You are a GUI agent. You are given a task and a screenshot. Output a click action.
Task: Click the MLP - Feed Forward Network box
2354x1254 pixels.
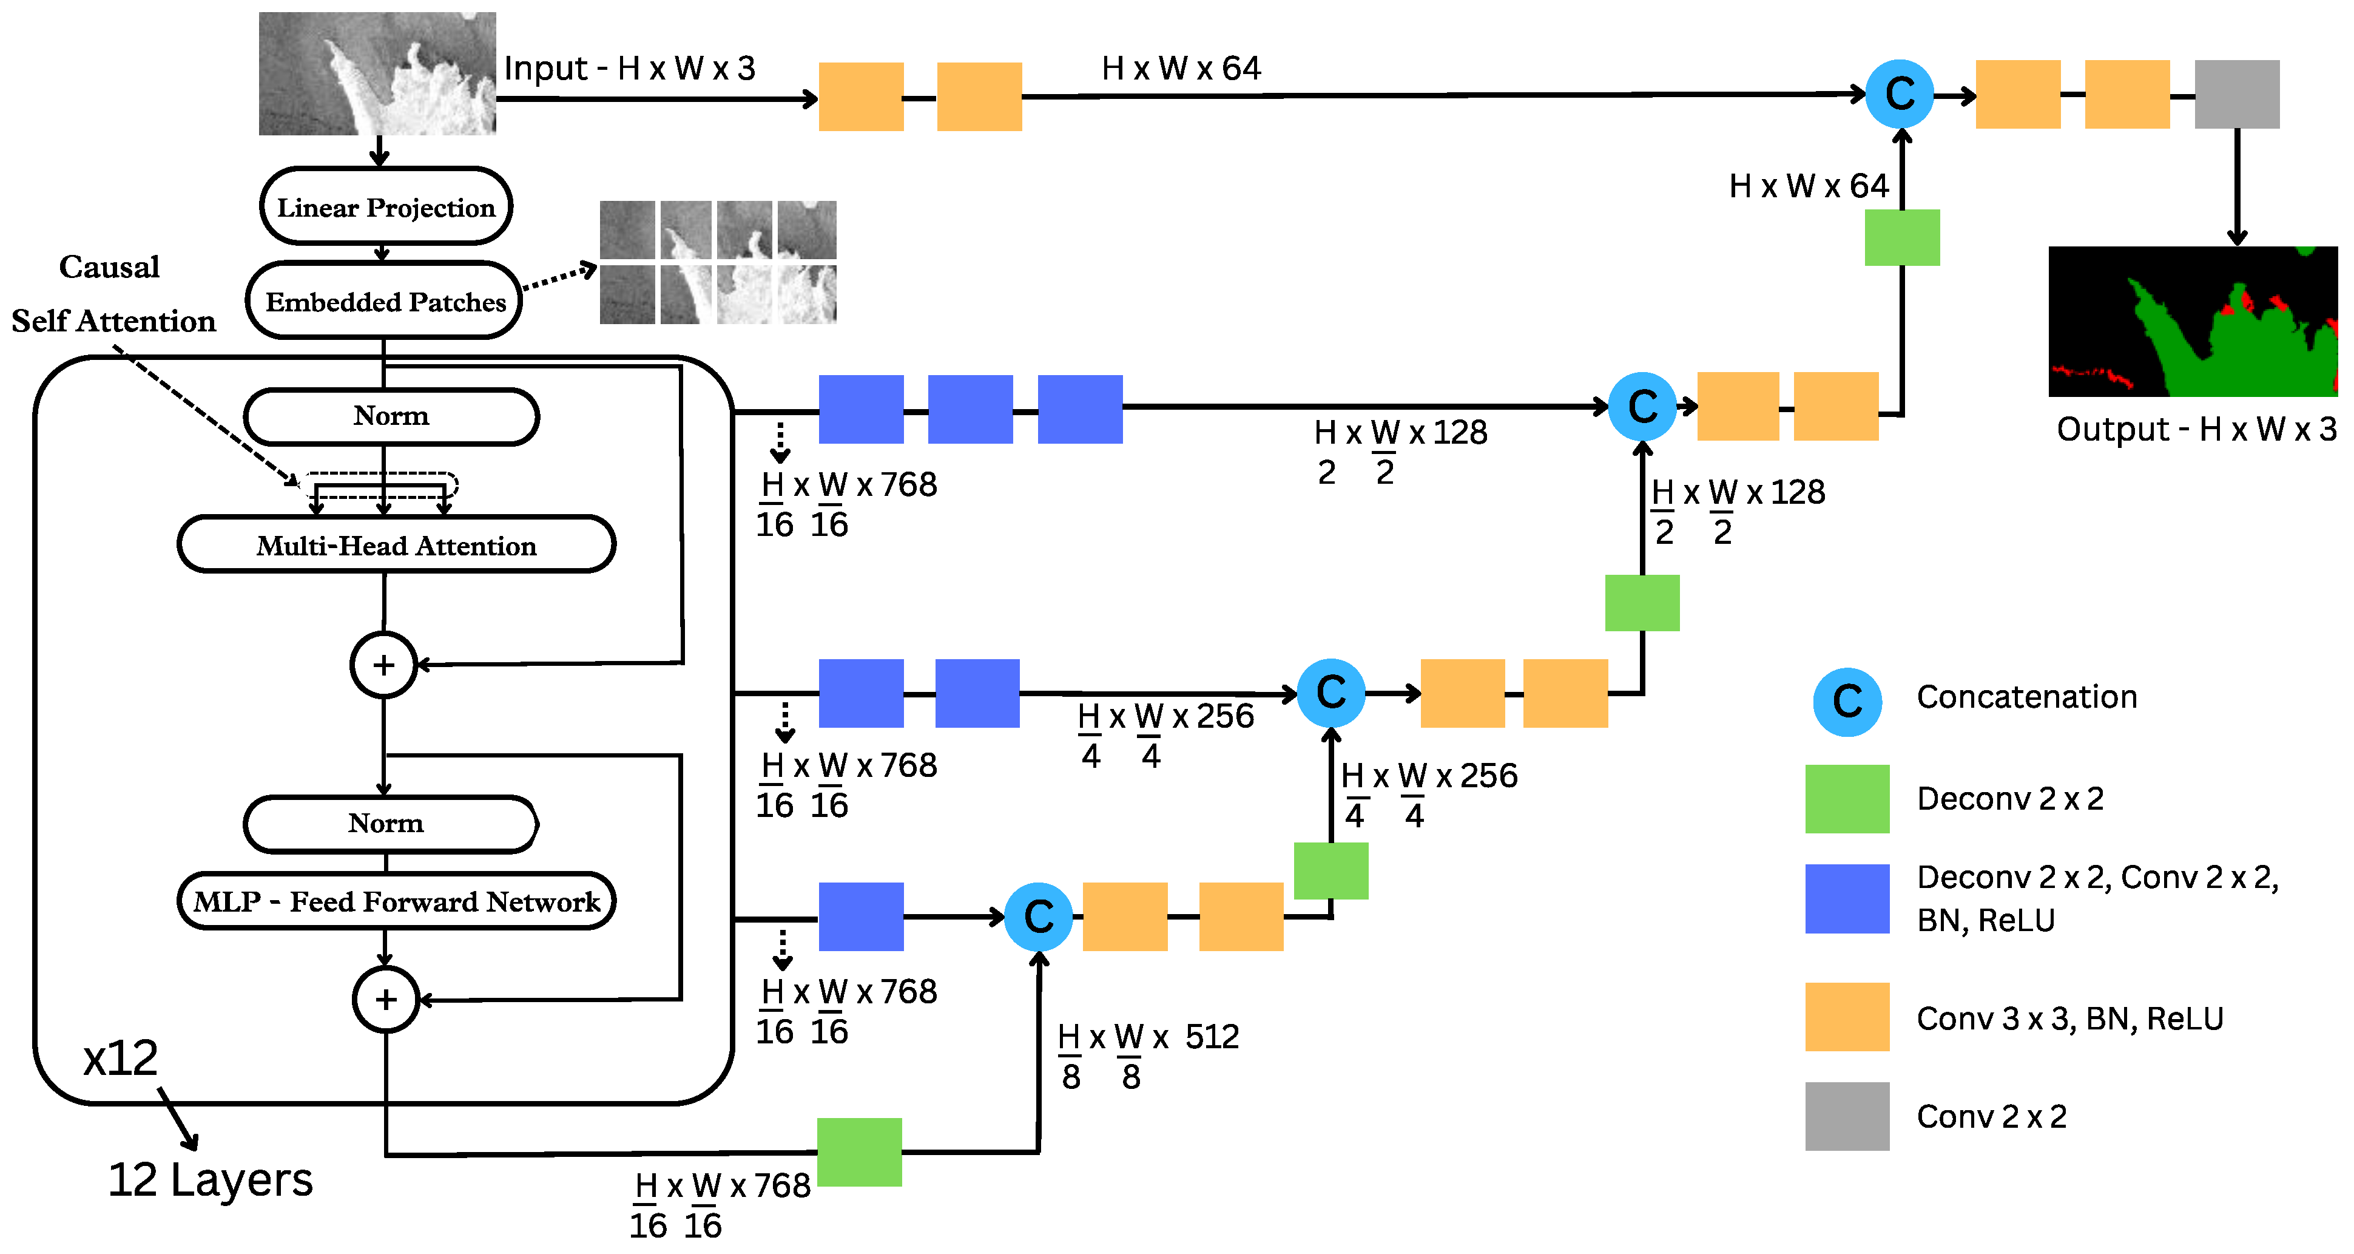396,901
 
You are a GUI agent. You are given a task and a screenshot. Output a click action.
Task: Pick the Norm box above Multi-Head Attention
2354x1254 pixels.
390,416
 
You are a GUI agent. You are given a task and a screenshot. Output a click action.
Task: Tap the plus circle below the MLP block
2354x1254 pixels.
386,999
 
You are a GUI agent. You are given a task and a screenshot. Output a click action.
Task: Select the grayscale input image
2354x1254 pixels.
377,73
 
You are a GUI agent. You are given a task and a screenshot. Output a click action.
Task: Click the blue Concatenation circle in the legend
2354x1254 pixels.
1846,701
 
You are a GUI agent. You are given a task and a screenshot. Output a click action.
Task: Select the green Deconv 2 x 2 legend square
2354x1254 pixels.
1846,798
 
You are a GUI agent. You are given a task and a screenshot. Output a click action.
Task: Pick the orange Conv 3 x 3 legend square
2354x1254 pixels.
1846,1016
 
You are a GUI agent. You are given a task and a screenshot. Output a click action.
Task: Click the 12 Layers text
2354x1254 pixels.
210,1179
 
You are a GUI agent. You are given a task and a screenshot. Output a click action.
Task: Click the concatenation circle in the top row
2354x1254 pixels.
1899,94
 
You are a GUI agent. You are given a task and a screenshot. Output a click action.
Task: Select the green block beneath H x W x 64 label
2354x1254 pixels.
1901,238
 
